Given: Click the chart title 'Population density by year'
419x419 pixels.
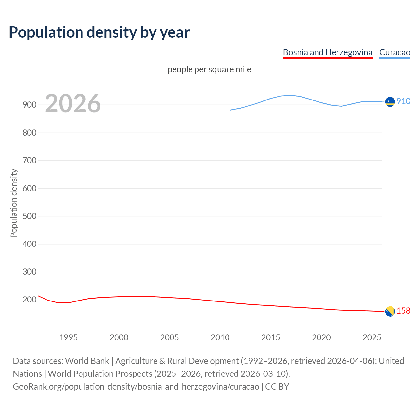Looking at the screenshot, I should click(x=99, y=32).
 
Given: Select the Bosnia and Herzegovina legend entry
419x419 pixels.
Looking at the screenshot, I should click(x=327, y=52).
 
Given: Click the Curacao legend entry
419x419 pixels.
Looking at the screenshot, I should click(x=394, y=52).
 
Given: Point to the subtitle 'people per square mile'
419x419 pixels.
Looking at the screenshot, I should click(x=209, y=69).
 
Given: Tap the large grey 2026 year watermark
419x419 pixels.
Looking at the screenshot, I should click(x=73, y=103).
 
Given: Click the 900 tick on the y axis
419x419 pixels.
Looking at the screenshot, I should click(x=29, y=105).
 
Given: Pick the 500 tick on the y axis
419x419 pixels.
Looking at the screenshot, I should click(x=29, y=216).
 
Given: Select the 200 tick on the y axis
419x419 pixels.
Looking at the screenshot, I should click(x=29, y=300).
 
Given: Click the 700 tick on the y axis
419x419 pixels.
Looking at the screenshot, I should click(x=29, y=161).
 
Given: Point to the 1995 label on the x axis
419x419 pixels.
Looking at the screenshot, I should click(x=68, y=337).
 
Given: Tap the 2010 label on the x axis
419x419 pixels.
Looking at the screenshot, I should click(x=220, y=337).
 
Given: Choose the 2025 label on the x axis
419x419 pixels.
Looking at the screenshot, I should click(x=372, y=337).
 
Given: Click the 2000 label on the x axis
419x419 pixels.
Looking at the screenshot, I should click(x=119, y=337).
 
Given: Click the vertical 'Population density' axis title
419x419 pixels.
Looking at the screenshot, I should click(x=14, y=203).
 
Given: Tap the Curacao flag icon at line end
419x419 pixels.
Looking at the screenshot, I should click(x=390, y=102).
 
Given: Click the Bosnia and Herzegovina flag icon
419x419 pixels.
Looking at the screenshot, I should click(x=390, y=311).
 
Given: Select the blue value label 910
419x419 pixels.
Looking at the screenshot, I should click(x=403, y=101).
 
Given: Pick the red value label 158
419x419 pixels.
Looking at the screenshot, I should click(x=403, y=311).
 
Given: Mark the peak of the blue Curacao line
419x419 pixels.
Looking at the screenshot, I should click(x=291, y=95).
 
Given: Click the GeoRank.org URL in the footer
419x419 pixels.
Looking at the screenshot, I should click(x=136, y=387).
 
